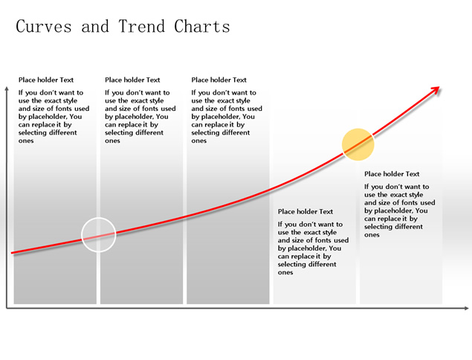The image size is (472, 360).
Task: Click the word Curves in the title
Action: (x=44, y=26)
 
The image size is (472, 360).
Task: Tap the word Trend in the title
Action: (x=141, y=26)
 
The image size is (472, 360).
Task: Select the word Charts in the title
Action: (x=202, y=26)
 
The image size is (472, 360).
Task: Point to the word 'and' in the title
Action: (x=95, y=26)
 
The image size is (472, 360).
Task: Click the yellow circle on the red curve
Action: (x=358, y=144)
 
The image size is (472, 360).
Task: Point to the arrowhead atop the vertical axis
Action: (x=7, y=89)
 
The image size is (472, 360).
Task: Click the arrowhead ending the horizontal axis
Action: (x=466, y=308)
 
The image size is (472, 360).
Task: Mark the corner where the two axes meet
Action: (x=7, y=308)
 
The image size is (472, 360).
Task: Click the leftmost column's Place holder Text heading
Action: (x=46, y=80)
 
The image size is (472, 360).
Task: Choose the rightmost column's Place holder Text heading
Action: (x=392, y=174)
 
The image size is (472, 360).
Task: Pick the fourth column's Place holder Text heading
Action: (x=305, y=211)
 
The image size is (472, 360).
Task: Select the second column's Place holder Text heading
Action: (x=132, y=80)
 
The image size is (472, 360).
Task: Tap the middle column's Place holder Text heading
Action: (x=219, y=80)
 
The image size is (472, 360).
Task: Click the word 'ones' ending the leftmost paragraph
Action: (x=26, y=141)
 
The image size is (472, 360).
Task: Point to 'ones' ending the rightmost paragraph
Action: (x=372, y=235)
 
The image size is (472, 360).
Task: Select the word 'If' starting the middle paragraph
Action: (x=193, y=92)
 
